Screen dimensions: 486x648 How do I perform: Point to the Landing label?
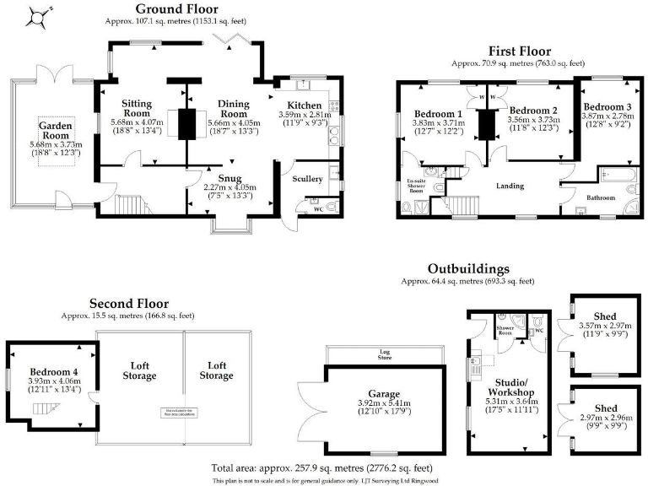(510, 186)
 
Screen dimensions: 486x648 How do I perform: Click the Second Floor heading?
(128, 304)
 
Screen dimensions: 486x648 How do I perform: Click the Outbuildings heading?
(467, 268)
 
